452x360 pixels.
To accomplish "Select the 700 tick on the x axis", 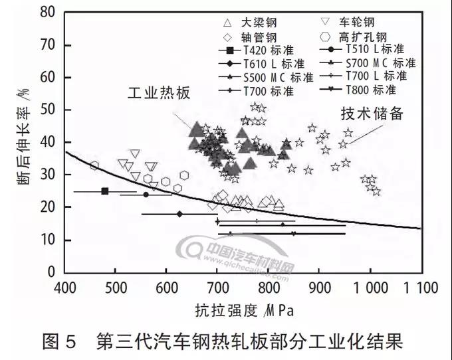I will (217, 288).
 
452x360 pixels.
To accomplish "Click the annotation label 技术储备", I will (372, 113).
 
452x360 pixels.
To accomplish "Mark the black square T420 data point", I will (105, 191).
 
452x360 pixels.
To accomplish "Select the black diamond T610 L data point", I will (179, 214).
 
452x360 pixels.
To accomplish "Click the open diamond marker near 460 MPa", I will (94, 165).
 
